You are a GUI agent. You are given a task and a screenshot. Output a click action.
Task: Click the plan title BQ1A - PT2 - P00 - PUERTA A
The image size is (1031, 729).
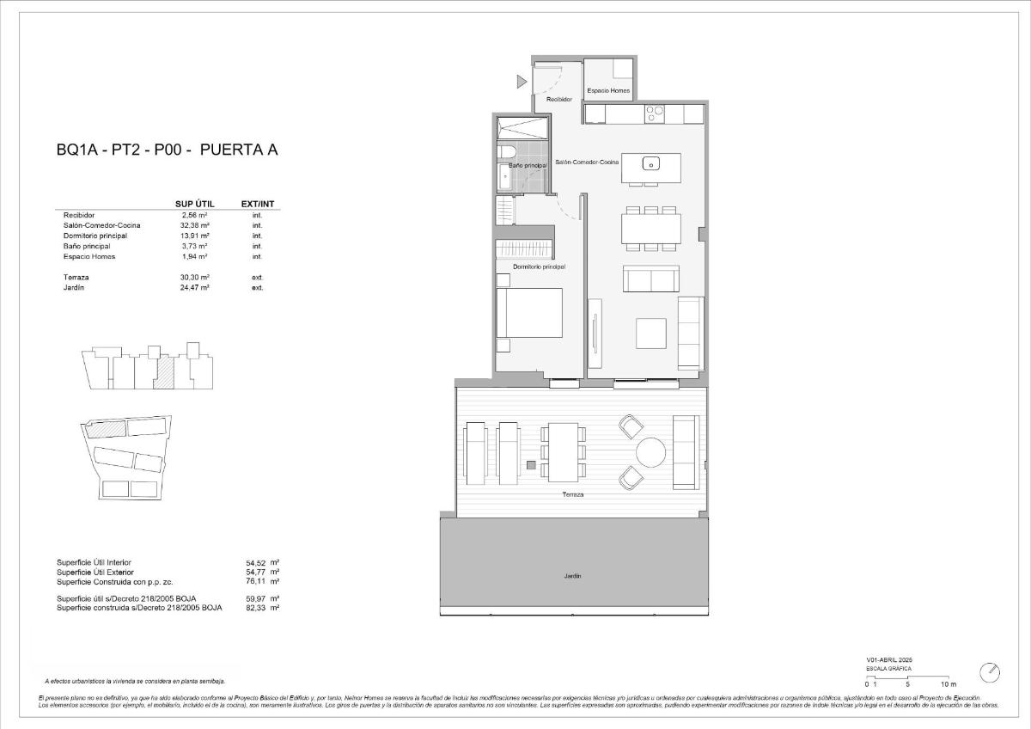click(x=168, y=150)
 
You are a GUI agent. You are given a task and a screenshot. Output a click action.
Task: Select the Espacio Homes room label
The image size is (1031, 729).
click(x=608, y=90)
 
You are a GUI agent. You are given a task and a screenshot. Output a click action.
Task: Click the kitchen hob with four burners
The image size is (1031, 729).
click(x=656, y=113)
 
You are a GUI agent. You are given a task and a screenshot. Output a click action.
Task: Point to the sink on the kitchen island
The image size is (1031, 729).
click(x=651, y=164)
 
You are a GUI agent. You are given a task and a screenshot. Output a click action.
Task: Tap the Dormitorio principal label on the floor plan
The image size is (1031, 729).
click(x=539, y=267)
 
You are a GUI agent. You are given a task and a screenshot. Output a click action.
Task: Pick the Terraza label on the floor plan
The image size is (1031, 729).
click(x=573, y=495)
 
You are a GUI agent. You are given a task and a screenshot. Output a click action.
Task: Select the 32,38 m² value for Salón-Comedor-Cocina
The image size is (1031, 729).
click(x=196, y=225)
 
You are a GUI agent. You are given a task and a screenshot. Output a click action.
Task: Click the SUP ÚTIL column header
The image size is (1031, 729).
click(x=193, y=205)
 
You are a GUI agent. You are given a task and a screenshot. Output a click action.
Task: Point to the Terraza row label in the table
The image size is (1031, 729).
click(x=77, y=278)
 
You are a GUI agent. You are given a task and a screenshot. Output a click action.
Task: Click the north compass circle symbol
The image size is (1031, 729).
click(x=991, y=671)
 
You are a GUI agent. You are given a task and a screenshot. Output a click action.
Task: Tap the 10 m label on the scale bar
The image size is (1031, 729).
click(x=948, y=683)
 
